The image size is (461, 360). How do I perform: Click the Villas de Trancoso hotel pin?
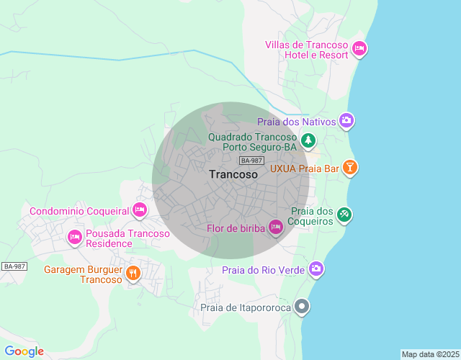tap(359, 49)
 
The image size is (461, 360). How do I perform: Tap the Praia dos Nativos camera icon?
tap(346, 121)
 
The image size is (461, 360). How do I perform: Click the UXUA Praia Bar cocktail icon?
tap(349, 168)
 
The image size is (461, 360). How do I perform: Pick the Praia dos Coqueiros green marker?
tap(345, 215)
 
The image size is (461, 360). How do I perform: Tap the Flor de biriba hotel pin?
tap(275, 228)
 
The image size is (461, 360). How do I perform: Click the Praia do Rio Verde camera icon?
tap(315, 269)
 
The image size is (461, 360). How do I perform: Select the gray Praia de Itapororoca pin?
tap(303, 307)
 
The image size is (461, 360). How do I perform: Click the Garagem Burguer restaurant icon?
tap(133, 273)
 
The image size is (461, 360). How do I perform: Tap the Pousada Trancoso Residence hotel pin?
tap(74, 237)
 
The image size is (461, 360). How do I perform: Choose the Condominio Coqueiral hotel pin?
tap(140, 210)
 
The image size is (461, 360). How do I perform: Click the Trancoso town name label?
tap(233, 174)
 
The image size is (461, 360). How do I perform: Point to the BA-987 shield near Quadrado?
tap(252, 161)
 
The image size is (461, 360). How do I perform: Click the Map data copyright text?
tap(429, 354)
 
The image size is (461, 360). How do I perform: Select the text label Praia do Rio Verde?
tap(263, 270)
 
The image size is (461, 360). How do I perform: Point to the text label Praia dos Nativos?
tap(296, 122)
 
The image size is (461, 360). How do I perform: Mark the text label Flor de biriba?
tap(235, 229)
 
